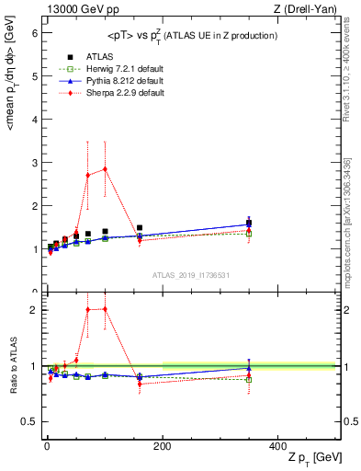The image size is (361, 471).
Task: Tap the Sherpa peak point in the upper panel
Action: tap(106, 168)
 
